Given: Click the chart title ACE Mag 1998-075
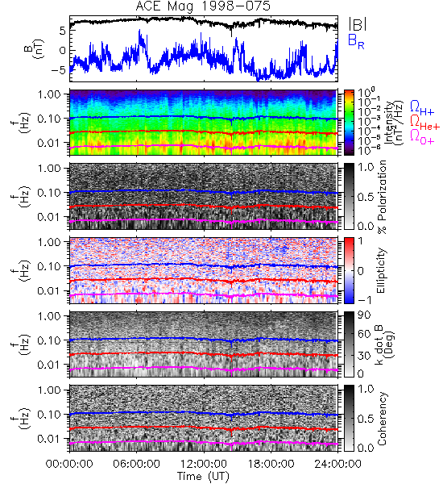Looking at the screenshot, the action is click(x=203, y=6).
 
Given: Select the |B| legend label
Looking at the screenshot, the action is click(x=358, y=24).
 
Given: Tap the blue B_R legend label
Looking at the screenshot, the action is click(x=356, y=41).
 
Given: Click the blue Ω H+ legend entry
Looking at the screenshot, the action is click(x=422, y=108).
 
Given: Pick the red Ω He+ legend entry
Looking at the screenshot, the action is click(x=424, y=123).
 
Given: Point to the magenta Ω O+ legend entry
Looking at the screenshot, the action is click(x=422, y=137).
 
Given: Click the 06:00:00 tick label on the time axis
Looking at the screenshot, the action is click(x=137, y=464).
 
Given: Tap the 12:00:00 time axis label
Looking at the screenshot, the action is click(x=204, y=464).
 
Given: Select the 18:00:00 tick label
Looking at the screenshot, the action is click(x=271, y=464).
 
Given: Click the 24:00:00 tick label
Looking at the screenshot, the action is click(x=337, y=464).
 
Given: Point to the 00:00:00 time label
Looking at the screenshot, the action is click(x=69, y=464).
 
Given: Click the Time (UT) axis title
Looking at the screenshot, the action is click(x=204, y=477).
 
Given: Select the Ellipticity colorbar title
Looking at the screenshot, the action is click(x=381, y=271).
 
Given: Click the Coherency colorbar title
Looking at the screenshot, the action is click(x=382, y=419).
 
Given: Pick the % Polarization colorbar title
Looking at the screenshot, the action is click(x=383, y=197).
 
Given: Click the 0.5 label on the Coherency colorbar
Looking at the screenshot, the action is click(x=366, y=419).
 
